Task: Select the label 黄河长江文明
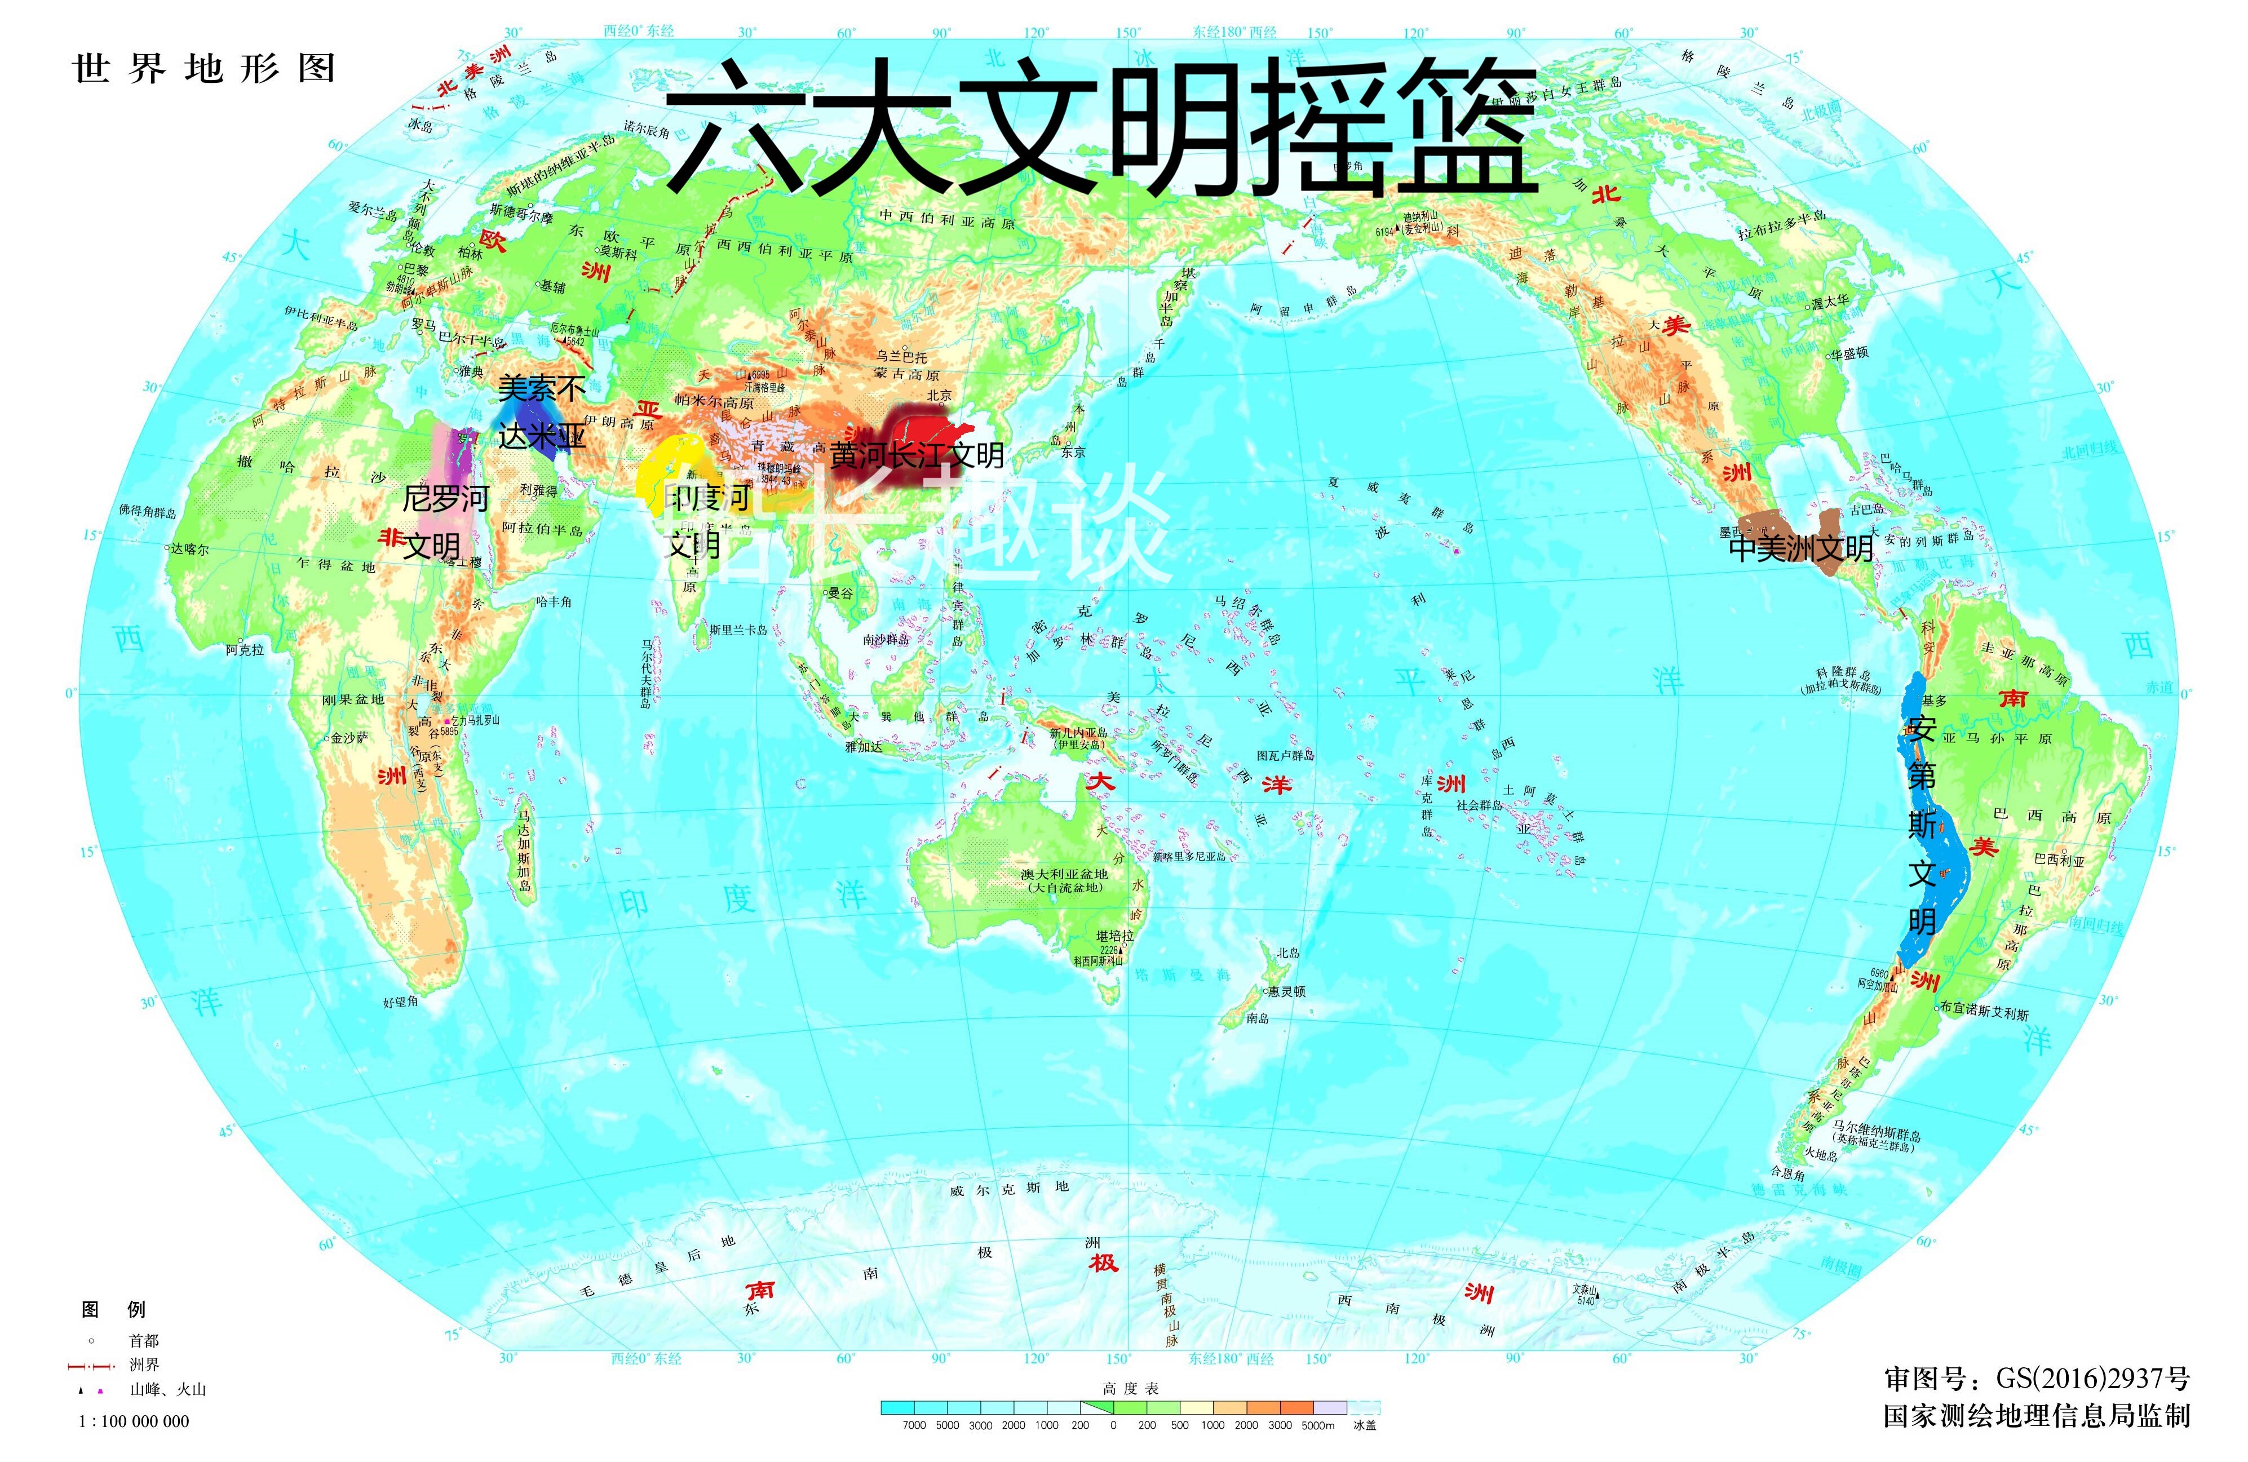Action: tap(916, 455)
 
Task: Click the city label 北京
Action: tap(939, 396)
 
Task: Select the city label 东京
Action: tap(1073, 453)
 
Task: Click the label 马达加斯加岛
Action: tap(524, 850)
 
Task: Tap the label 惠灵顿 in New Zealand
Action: tap(1286, 991)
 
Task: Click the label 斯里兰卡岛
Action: tap(738, 630)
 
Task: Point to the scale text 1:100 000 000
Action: tap(134, 1421)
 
